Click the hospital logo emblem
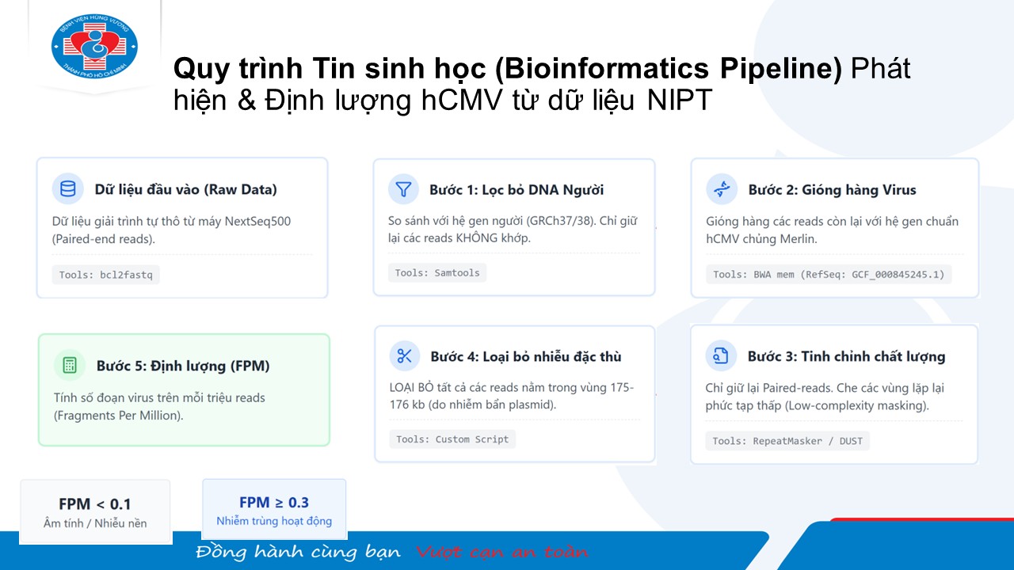pyautogui.click(x=94, y=46)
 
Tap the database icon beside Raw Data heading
pyautogui.click(x=68, y=188)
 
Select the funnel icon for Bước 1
pyautogui.click(x=403, y=189)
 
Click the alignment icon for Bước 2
pyautogui.click(x=722, y=189)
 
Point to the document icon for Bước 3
pyautogui.click(x=721, y=355)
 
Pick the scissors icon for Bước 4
pyautogui.click(x=404, y=356)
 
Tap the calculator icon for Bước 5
pyautogui.click(x=70, y=365)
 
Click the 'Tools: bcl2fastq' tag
pyautogui.click(x=106, y=275)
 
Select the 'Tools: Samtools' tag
pyautogui.click(x=436, y=273)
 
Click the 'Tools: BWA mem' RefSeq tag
pyautogui.click(x=829, y=275)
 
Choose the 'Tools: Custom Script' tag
pyautogui.click(x=452, y=439)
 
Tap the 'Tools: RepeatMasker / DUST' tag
pyautogui.click(x=787, y=441)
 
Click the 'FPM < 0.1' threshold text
pyautogui.click(x=95, y=504)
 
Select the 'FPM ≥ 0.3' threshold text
pyautogui.click(x=274, y=502)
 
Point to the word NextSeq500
pyautogui.click(x=257, y=221)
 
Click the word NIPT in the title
pyautogui.click(x=680, y=100)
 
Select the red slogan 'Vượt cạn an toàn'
pyautogui.click(x=501, y=552)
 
